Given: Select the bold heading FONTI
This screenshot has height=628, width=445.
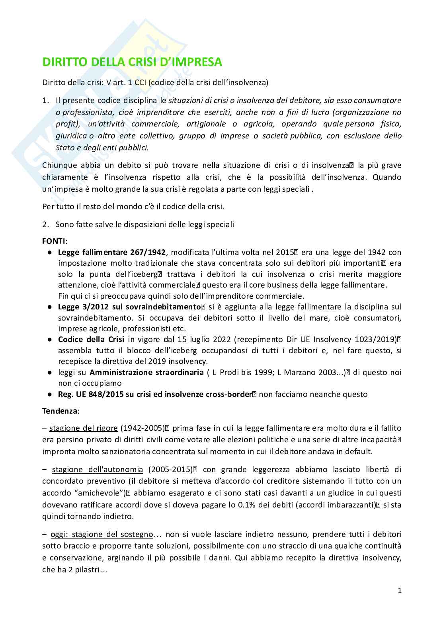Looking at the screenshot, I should click(x=54, y=241).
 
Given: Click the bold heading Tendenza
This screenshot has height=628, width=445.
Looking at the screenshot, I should click(x=61, y=411).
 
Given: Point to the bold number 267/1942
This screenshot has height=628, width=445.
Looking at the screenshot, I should click(x=147, y=252).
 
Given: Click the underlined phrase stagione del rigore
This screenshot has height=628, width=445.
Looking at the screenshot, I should click(x=83, y=428).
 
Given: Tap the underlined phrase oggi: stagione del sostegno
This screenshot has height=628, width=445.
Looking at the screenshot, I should click(x=101, y=534).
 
